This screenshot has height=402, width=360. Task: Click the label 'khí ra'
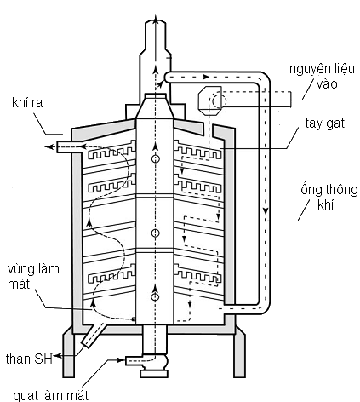coord(27,102)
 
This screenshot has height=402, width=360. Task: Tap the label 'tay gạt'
coord(325,123)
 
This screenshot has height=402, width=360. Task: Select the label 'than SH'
coord(29,359)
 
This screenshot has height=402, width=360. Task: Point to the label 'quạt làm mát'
coord(51,395)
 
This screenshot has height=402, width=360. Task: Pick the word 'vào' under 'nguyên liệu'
coord(327,84)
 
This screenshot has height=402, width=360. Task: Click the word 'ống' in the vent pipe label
coord(311,190)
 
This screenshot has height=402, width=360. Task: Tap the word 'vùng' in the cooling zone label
coord(20,269)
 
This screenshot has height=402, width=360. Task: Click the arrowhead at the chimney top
coord(155,20)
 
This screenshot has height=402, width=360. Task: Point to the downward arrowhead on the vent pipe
coord(266,211)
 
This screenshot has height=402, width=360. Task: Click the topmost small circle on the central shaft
coord(155,158)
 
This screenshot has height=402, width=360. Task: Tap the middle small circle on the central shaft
coord(155,233)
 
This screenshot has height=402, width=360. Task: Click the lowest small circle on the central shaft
coord(155,297)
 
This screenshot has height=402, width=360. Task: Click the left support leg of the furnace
coord(68,352)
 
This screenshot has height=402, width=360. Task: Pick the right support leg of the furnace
coord(240,352)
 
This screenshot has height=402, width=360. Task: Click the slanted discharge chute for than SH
coord(93,336)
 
